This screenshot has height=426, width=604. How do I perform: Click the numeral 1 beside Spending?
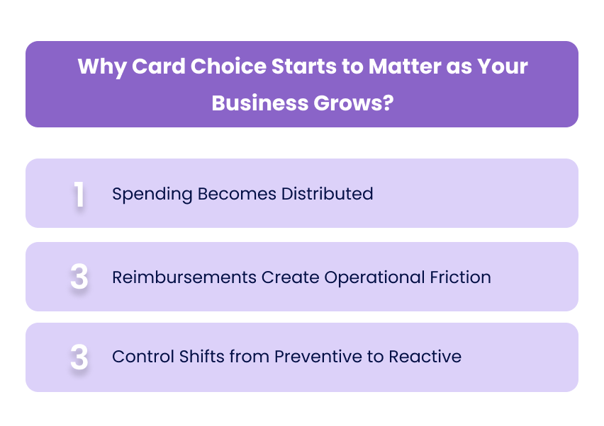tap(79, 195)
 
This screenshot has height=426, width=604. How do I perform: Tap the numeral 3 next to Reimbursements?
tap(79, 277)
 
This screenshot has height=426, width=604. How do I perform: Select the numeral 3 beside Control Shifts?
tap(79, 357)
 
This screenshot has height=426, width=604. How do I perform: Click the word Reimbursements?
tap(184, 277)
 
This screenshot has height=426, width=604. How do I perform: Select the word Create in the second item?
tap(290, 277)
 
